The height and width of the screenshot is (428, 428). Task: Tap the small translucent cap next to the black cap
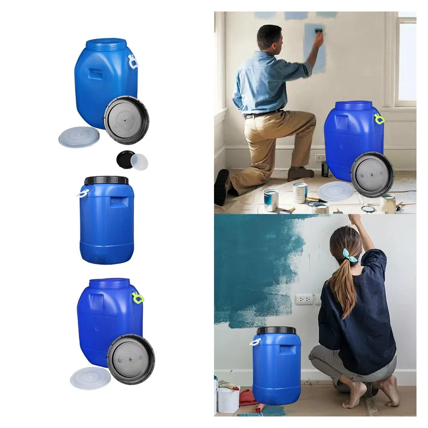(x=140, y=162)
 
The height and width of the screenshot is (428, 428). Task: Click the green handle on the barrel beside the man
(x=379, y=119)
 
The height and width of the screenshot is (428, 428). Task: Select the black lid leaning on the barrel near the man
(x=372, y=174)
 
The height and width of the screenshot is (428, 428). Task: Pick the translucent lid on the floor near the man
(x=335, y=191)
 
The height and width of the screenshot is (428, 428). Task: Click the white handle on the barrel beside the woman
(x=255, y=342)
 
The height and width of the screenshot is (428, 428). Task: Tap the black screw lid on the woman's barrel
(x=276, y=330)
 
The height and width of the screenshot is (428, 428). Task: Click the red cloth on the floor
(x=248, y=397)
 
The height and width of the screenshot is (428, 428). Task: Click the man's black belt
(x=263, y=114)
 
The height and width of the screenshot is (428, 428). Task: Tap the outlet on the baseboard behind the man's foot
(x=320, y=158)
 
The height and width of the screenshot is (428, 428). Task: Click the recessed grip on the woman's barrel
(x=288, y=349)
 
